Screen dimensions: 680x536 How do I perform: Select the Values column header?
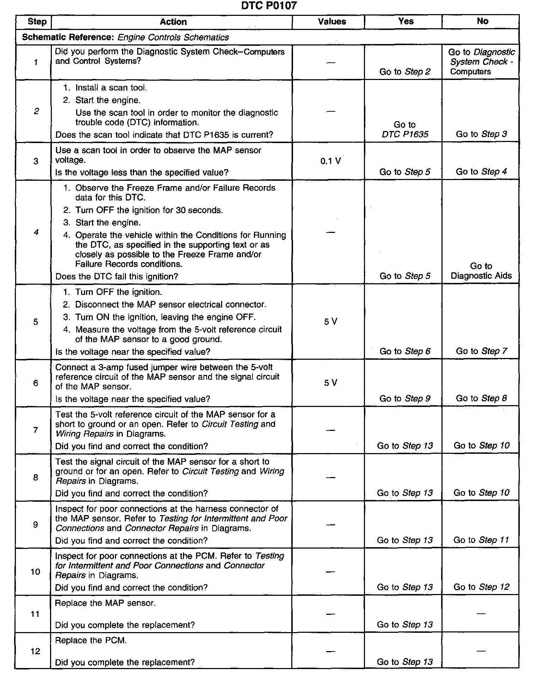pyautogui.click(x=331, y=22)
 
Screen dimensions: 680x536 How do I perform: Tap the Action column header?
pyautogui.click(x=173, y=22)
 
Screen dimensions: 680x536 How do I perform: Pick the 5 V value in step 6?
pyautogui.click(x=330, y=383)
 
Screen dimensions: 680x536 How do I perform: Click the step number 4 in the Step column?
pyautogui.click(x=36, y=232)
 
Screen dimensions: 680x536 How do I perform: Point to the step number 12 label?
pyautogui.click(x=35, y=651)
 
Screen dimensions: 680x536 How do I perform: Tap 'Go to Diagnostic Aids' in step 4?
pyautogui.click(x=481, y=271)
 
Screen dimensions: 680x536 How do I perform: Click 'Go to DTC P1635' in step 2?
pyautogui.click(x=405, y=129)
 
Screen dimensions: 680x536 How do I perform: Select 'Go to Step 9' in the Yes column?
pyautogui.click(x=405, y=398)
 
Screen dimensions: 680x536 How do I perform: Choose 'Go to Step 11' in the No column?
pyautogui.click(x=481, y=540)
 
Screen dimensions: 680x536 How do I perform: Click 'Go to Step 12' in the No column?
pyautogui.click(x=481, y=587)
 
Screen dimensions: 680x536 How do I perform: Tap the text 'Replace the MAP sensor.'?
pyautogui.click(x=105, y=603)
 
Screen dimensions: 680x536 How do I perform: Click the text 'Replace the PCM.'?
pyautogui.click(x=91, y=641)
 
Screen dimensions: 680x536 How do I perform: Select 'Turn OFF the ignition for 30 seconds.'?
pyautogui.click(x=149, y=210)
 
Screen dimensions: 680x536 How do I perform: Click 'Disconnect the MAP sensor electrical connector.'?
pyautogui.click(x=171, y=304)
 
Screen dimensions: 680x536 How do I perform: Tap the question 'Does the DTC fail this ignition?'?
pyautogui.click(x=117, y=277)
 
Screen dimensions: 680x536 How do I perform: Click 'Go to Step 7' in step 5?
pyautogui.click(x=481, y=351)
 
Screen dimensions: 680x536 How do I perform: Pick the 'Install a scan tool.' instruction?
pyautogui.click(x=111, y=88)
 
